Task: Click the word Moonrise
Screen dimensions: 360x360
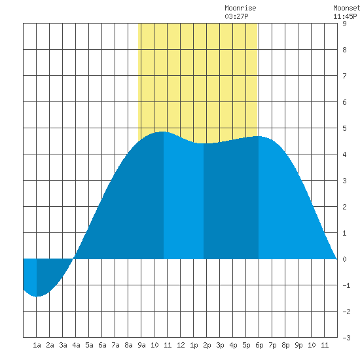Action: (240, 8)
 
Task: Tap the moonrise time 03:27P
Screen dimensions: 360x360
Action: (236, 16)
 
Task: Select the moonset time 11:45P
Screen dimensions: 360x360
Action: (345, 16)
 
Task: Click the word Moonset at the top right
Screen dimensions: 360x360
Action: (347, 8)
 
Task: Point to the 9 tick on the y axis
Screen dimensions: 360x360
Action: (344, 24)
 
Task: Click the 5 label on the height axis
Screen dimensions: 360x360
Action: (344, 128)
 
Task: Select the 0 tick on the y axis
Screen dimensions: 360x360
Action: (344, 259)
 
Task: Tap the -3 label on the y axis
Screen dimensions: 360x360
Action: (346, 338)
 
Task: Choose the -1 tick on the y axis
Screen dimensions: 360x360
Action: (346, 285)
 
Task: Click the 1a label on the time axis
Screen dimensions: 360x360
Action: (37, 345)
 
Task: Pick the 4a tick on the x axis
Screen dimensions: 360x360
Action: (76, 345)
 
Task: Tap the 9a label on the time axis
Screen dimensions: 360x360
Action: (141, 345)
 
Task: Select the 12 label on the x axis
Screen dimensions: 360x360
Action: (181, 345)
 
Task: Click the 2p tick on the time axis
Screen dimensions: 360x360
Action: (207, 345)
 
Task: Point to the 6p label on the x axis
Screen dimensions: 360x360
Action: (259, 345)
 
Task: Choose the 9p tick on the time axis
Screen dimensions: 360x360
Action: (298, 345)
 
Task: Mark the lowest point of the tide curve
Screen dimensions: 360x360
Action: (37, 297)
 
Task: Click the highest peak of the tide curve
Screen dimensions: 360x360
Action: (162, 132)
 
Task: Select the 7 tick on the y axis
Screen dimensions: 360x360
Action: (344, 76)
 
